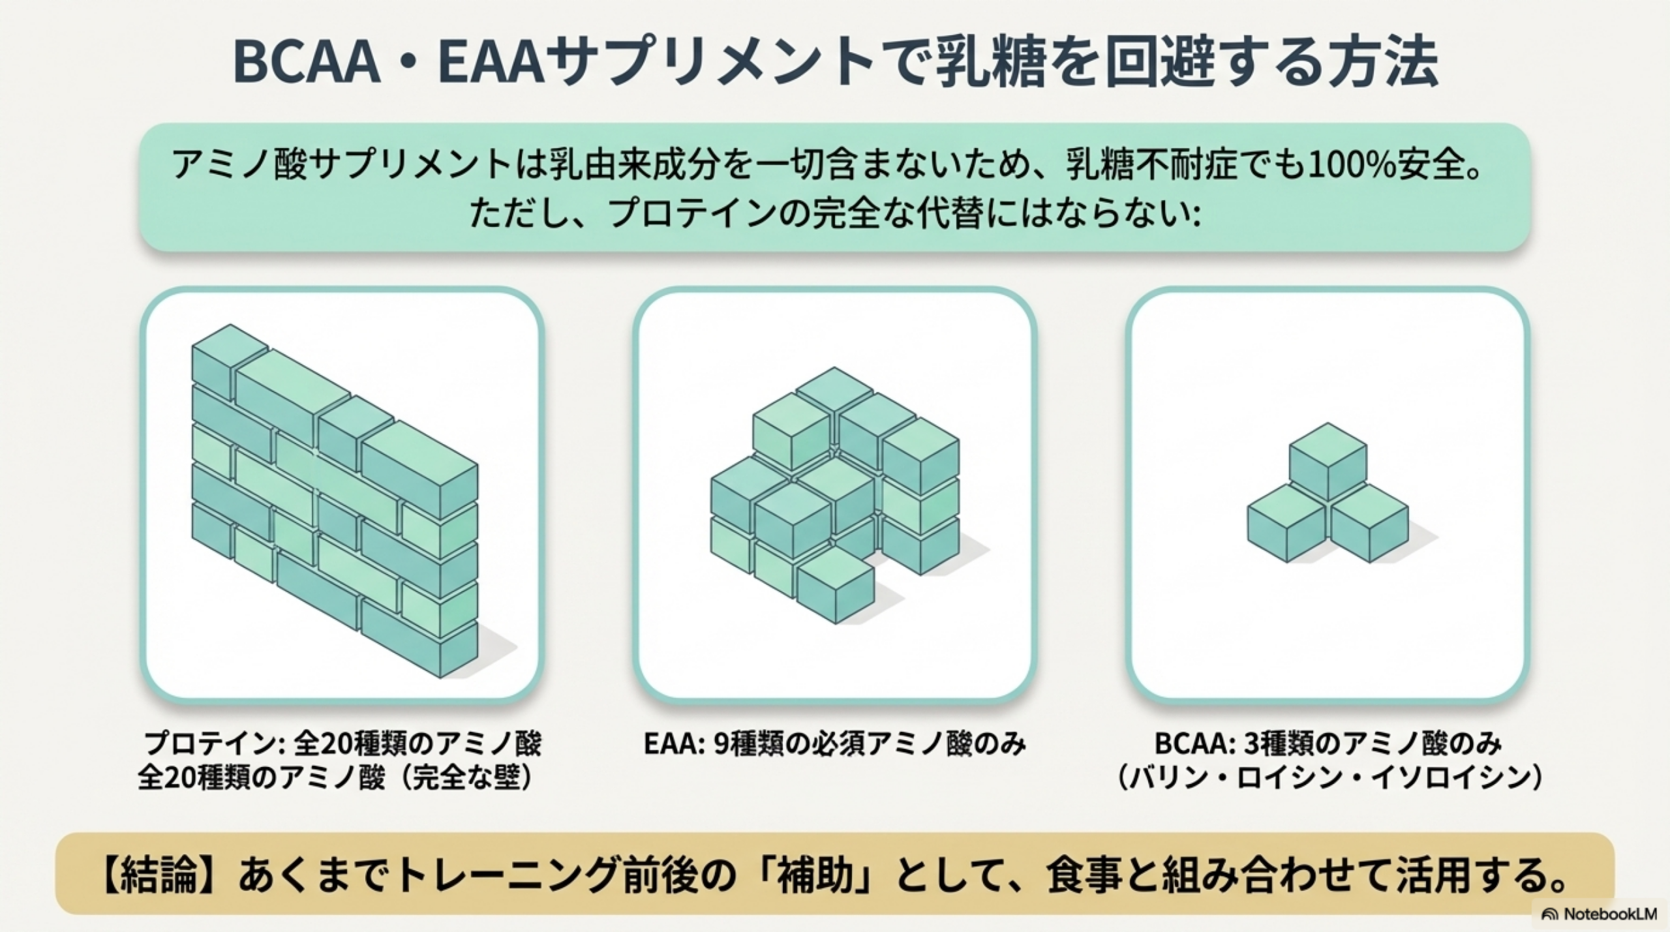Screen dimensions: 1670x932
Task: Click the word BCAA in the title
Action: click(x=306, y=63)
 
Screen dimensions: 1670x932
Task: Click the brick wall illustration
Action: click(x=335, y=501)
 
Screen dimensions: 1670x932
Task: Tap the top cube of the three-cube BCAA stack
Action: click(x=1328, y=462)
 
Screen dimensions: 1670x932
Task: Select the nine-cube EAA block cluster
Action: click(x=835, y=495)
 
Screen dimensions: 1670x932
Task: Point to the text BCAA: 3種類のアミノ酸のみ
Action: click(x=1328, y=744)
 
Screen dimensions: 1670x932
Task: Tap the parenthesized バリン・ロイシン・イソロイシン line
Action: click(x=1328, y=778)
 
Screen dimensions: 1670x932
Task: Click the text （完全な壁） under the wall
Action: click(x=464, y=778)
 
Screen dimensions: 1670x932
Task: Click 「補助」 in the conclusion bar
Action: click(x=810, y=875)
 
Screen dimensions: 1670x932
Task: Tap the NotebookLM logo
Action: click(x=1599, y=914)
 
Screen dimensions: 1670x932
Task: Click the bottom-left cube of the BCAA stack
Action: click(x=1286, y=523)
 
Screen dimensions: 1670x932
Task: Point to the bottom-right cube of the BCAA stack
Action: click(x=1369, y=523)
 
